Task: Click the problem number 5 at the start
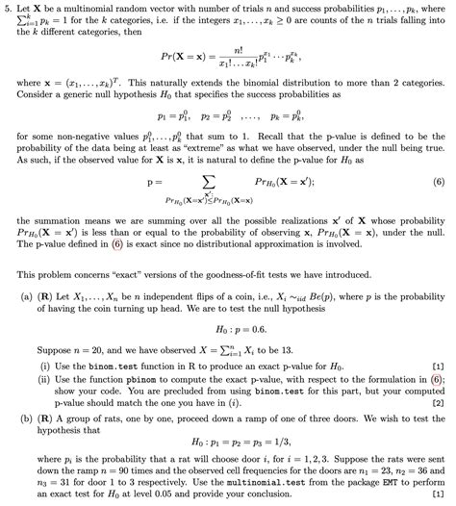tap(7, 7)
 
